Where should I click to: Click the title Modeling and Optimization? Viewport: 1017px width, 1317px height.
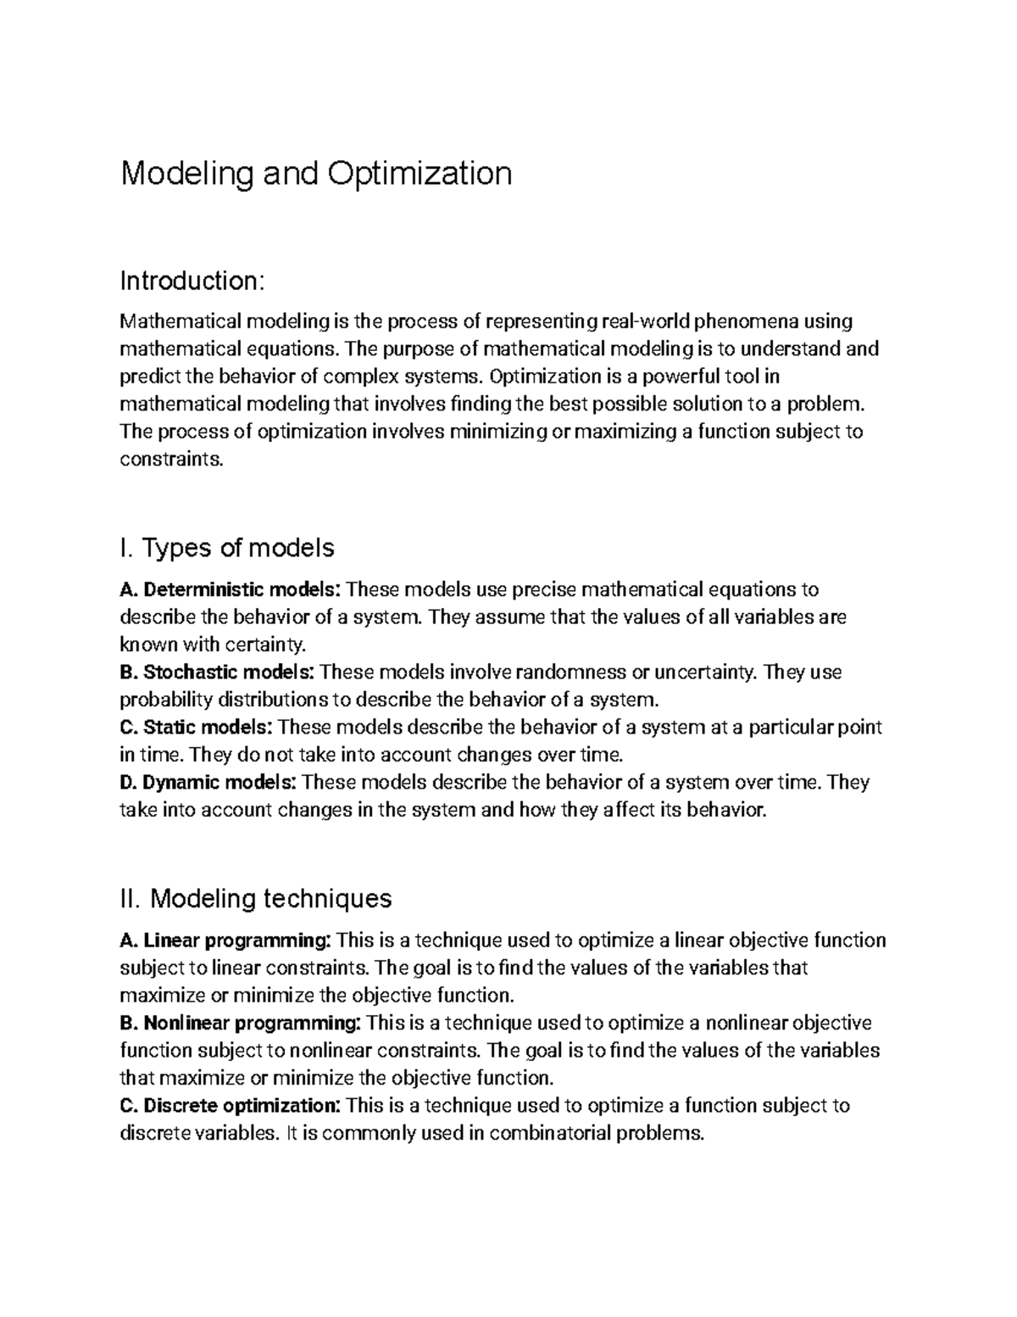(x=316, y=174)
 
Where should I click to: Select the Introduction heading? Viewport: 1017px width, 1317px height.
(x=193, y=281)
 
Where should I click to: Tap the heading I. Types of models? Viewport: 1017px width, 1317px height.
(x=227, y=548)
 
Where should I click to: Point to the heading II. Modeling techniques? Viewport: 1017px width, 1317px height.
(x=256, y=898)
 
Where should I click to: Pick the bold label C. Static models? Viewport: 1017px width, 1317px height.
(x=197, y=728)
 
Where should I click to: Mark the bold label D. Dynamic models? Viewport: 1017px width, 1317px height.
(x=208, y=782)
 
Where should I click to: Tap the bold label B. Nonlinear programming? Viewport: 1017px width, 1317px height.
(x=242, y=1023)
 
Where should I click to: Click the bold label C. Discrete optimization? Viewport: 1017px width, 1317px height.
(x=231, y=1106)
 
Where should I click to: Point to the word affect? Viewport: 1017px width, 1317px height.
(x=626, y=810)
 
